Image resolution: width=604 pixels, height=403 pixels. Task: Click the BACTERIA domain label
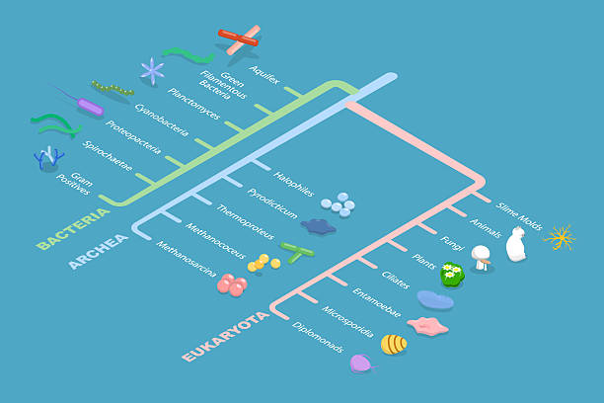[x=72, y=229]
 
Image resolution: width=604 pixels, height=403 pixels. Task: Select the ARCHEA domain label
[x=99, y=252]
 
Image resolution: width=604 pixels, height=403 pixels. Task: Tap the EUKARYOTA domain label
[x=225, y=337]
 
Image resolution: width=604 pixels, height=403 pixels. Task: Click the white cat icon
[x=516, y=244]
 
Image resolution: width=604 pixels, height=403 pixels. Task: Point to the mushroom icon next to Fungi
[x=481, y=257]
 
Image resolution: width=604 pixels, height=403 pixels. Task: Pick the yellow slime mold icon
[x=560, y=237]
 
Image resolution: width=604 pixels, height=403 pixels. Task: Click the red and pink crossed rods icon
[x=239, y=39]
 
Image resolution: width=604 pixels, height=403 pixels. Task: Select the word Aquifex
[x=264, y=75]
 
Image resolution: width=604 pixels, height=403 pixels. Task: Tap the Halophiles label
[x=293, y=184]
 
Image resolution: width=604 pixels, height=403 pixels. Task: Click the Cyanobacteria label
[x=162, y=120]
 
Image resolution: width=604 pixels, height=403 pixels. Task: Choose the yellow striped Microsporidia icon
[x=394, y=345]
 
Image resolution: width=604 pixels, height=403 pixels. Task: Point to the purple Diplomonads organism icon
[x=361, y=363]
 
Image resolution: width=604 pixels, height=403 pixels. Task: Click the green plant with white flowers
[x=452, y=275]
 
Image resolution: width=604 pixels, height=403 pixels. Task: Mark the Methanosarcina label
[x=187, y=259]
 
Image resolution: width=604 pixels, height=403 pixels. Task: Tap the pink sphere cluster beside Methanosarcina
[x=232, y=285]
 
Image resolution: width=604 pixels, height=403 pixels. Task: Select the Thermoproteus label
[x=246, y=221]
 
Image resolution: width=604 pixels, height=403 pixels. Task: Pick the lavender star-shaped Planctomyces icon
[x=153, y=70]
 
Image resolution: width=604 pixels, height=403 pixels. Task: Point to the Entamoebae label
[x=377, y=302]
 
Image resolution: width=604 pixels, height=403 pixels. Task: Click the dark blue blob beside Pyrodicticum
[x=318, y=226]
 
